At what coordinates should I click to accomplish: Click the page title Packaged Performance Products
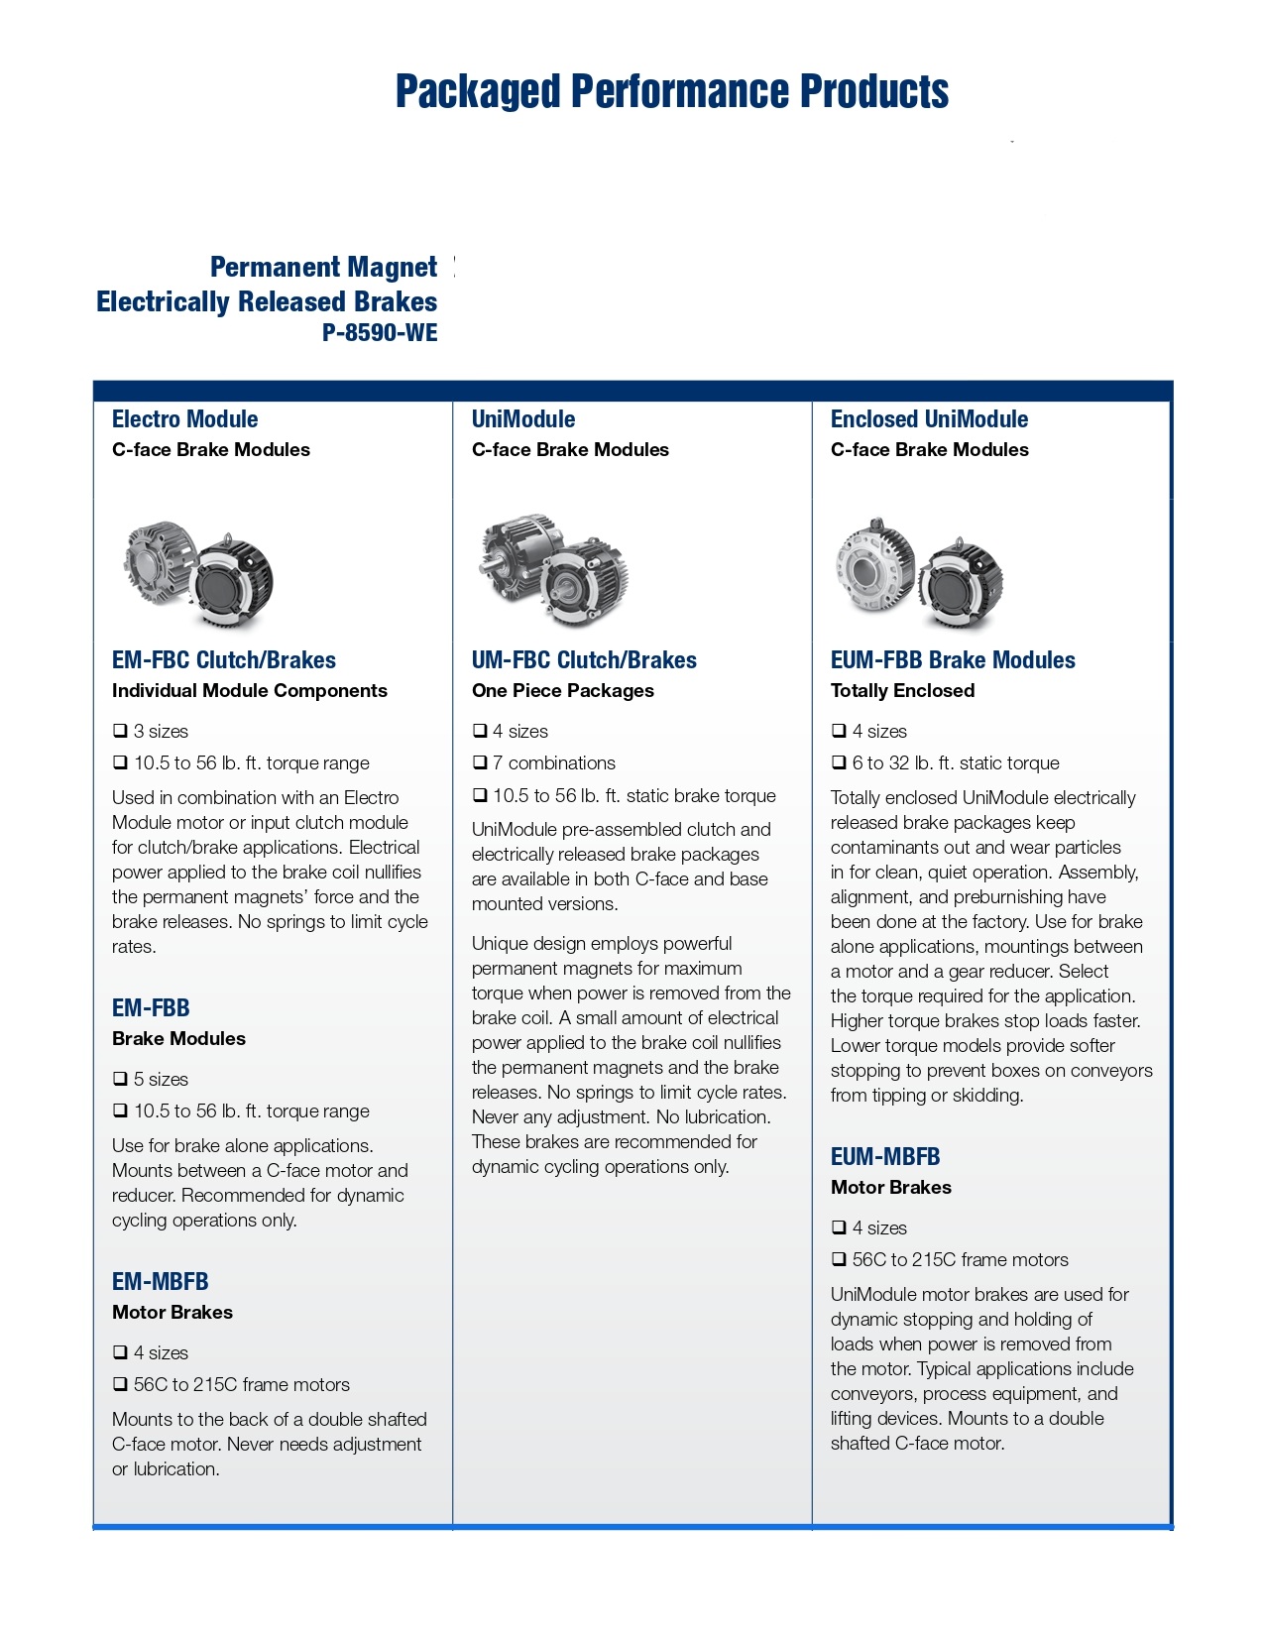671,91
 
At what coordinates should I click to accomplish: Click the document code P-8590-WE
379,333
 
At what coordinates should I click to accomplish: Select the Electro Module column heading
184,419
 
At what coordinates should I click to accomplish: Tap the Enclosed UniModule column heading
929,419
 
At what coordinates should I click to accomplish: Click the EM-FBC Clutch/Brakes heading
223,660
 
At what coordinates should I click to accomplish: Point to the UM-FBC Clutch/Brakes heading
584,660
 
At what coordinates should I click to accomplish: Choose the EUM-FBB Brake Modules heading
952,660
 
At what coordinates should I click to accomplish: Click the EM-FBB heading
151,1008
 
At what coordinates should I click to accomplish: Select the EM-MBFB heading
160,1282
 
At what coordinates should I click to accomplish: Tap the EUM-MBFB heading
884,1157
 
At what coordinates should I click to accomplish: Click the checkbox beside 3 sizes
120,731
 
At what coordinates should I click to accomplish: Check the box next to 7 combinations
480,762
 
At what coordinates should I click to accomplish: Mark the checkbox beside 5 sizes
120,1079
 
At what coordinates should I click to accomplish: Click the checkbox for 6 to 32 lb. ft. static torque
839,762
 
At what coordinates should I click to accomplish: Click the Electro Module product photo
198,574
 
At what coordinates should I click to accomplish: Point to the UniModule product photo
554,571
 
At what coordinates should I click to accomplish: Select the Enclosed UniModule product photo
918,574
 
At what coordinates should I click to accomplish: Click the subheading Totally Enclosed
902,691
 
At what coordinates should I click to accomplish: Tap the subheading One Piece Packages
562,691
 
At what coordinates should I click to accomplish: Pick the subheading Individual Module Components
249,691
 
